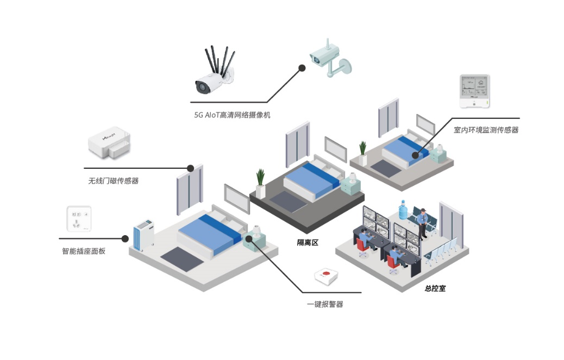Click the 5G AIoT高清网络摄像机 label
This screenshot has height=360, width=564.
(x=232, y=115)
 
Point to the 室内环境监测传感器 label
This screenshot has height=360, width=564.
(x=486, y=130)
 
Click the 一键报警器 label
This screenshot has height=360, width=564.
(x=325, y=305)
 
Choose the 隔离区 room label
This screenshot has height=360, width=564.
(x=307, y=243)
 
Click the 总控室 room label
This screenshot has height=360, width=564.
(x=435, y=289)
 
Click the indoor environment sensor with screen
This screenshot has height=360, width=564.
(x=475, y=91)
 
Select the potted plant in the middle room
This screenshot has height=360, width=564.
(x=261, y=182)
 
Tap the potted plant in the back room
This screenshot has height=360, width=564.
(x=362, y=153)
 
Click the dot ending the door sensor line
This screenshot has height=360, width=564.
(x=191, y=168)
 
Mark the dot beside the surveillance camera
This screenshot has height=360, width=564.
(x=301, y=68)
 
